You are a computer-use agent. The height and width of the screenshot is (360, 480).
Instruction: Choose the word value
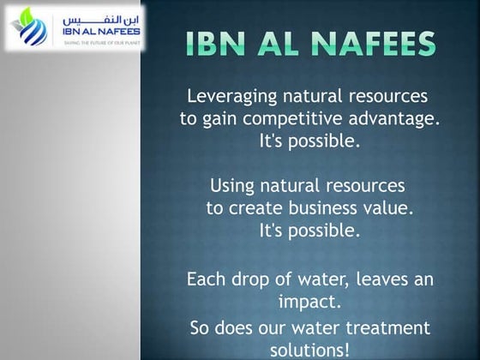pyautogui.click(x=388, y=208)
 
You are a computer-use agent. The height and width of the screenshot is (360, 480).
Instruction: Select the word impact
pyautogui.click(x=309, y=302)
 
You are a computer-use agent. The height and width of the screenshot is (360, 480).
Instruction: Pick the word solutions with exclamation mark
pyautogui.click(x=309, y=350)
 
